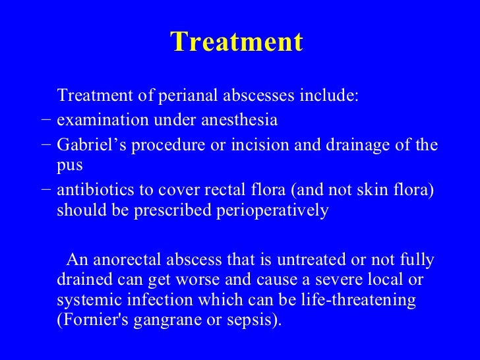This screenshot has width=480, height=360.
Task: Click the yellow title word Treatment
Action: (x=237, y=42)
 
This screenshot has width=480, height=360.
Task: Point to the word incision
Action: (x=258, y=144)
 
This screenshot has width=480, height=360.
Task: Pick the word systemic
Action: (x=90, y=301)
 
